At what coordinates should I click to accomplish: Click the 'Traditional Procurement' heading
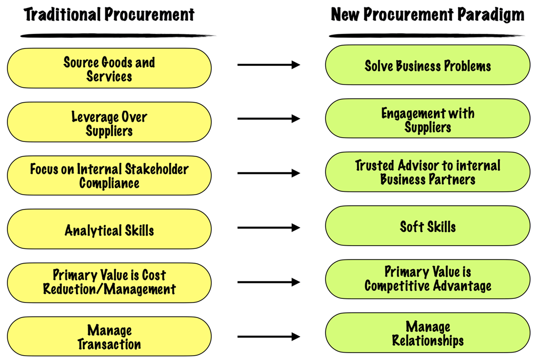(x=109, y=14)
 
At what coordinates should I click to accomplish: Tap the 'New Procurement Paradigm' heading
(x=427, y=15)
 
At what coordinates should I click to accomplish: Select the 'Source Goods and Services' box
(x=109, y=68)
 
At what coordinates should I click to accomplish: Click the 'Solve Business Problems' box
(x=427, y=65)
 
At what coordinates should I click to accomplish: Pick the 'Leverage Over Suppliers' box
(x=109, y=122)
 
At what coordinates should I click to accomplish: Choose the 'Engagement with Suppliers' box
(x=427, y=119)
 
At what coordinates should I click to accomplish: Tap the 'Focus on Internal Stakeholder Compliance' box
(x=109, y=175)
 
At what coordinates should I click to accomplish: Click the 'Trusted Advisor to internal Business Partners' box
(x=427, y=172)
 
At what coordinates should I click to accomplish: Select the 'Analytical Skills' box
(x=109, y=229)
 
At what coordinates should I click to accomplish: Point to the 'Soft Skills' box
(x=427, y=226)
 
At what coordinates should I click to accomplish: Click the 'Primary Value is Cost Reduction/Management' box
(x=109, y=283)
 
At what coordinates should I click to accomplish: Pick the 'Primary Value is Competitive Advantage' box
(x=427, y=279)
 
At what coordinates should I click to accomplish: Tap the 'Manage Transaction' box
(x=109, y=336)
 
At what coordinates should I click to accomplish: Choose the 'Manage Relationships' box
(x=427, y=332)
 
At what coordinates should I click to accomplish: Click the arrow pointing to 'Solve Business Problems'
(x=268, y=64)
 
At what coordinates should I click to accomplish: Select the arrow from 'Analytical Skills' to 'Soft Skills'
(x=268, y=228)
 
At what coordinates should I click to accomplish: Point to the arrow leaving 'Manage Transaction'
(x=268, y=337)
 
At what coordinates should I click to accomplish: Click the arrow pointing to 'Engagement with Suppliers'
(x=268, y=119)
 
